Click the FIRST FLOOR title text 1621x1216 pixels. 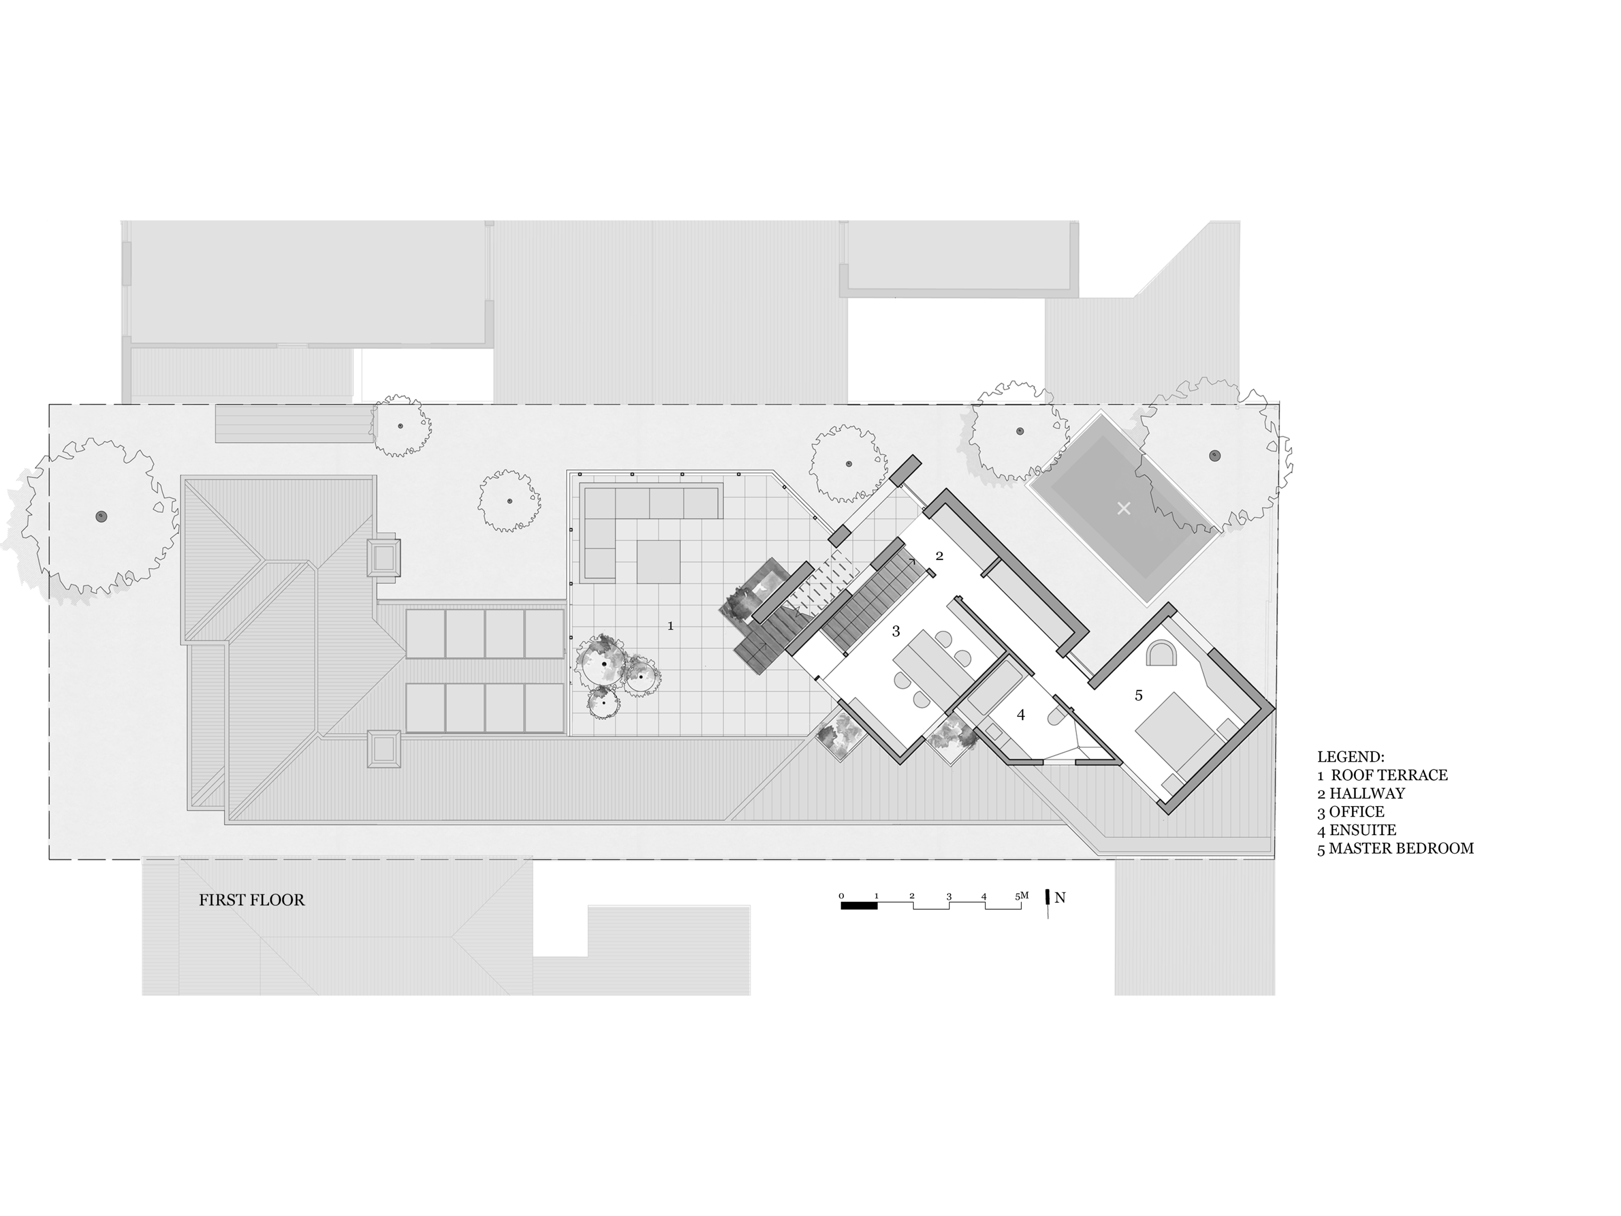pyautogui.click(x=251, y=900)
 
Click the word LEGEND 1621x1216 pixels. pyautogui.click(x=1351, y=757)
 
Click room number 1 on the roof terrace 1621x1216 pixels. pyautogui.click(x=670, y=626)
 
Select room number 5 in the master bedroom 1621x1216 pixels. pyautogui.click(x=1138, y=696)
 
